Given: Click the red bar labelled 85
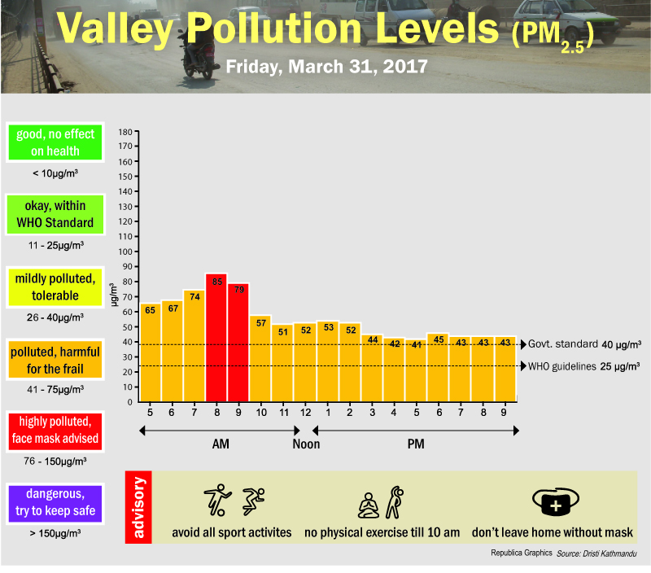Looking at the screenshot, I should [216, 338].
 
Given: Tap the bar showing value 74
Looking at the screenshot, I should [194, 346].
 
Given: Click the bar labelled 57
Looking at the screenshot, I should [260, 358].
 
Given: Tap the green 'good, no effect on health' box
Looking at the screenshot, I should [55, 142].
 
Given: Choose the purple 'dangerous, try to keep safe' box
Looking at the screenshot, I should [55, 503].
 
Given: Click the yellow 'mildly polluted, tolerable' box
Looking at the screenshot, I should [55, 286].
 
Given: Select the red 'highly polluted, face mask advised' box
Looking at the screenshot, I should [55, 431].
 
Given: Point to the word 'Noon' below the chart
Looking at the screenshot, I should [306, 444].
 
